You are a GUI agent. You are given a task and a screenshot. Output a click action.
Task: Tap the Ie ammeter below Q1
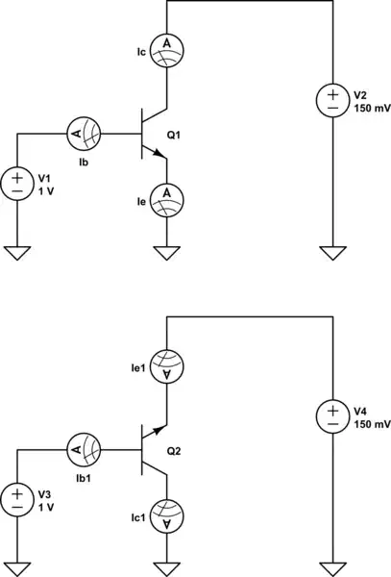[x=169, y=196]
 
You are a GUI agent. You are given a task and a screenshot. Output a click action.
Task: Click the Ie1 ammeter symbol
[x=169, y=364]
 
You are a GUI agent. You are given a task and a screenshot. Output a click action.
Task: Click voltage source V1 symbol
[x=18, y=183]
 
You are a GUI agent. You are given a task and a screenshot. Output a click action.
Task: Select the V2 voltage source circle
[x=332, y=100]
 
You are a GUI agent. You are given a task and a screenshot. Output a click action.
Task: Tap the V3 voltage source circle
[x=18, y=498]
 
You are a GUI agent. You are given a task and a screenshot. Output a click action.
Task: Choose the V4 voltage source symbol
[x=332, y=416]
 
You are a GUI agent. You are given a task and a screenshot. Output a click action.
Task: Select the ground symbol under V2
[x=332, y=252]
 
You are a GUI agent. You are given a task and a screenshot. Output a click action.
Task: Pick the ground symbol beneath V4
[x=332, y=567]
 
